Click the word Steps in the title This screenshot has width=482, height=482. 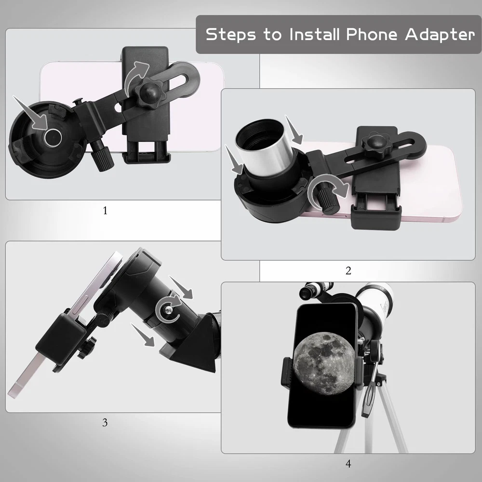[230, 34]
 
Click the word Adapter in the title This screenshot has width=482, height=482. [440, 34]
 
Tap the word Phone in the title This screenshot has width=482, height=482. [372, 34]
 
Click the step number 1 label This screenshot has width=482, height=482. [105, 211]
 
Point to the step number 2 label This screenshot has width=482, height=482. [348, 270]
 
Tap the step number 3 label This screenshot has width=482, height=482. [105, 423]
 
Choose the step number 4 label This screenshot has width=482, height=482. [348, 463]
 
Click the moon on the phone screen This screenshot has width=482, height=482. [324, 364]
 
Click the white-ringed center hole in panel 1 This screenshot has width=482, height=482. [53, 137]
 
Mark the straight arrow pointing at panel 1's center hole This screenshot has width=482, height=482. [31, 113]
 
